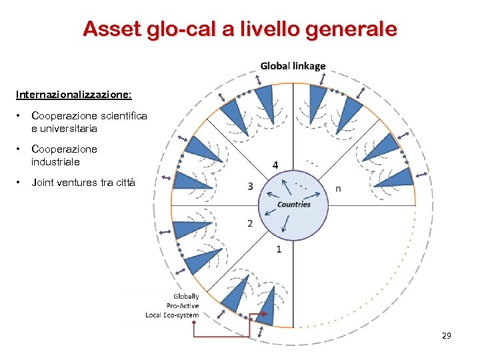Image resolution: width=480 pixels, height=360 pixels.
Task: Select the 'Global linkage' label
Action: point(293,66)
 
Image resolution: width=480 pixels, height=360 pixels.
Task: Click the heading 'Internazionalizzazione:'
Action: point(79,95)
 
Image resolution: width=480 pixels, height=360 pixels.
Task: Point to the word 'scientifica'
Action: point(123,116)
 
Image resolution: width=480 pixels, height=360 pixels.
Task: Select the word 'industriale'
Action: point(55,161)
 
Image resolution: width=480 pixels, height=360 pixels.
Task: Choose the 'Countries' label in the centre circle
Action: point(294,204)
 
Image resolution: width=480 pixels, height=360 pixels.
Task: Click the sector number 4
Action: point(276,165)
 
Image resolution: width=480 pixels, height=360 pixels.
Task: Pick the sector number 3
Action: point(250,187)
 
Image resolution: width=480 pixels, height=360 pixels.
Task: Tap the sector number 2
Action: point(250,223)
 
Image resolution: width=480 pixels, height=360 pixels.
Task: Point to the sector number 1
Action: point(279,249)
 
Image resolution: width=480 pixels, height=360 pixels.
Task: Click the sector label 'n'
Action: point(338,188)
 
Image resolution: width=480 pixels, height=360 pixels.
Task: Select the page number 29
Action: point(447,335)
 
